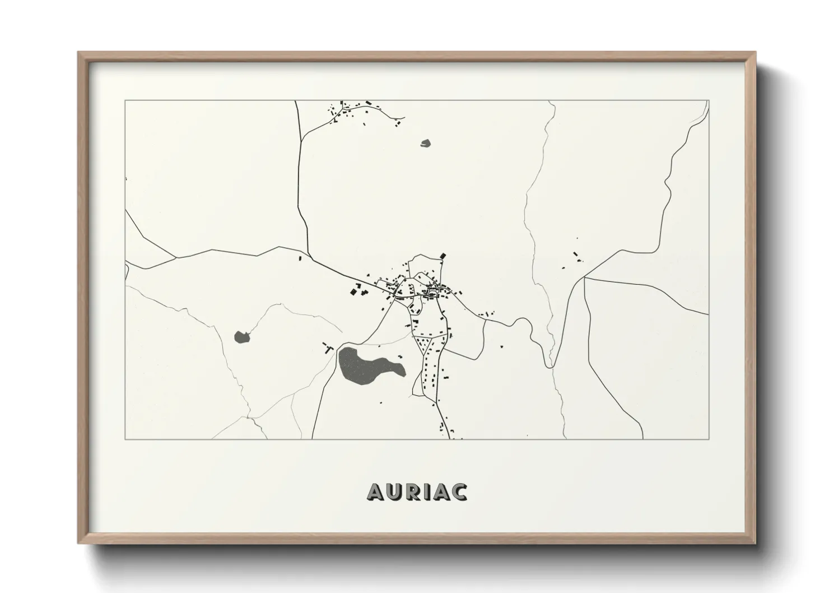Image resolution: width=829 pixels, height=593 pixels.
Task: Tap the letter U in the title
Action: pos(395,492)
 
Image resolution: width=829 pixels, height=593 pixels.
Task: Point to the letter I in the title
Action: pos(428,492)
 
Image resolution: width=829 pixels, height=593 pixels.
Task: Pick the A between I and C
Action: pos(441,492)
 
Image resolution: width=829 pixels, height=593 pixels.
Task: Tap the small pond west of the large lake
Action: pos(241,337)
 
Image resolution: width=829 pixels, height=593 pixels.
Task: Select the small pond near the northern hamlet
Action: pos(426,143)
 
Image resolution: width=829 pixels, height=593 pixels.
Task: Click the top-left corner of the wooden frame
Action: pos(79,53)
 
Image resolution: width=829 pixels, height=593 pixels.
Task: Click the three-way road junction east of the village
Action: pos(584,277)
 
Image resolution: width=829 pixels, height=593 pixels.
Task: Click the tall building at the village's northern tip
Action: pos(444,256)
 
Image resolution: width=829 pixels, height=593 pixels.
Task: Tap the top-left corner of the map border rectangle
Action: pos(125,101)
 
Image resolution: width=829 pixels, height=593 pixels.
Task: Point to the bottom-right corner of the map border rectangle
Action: pos(709,439)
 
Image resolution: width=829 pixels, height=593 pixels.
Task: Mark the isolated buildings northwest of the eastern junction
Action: pos(576,257)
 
